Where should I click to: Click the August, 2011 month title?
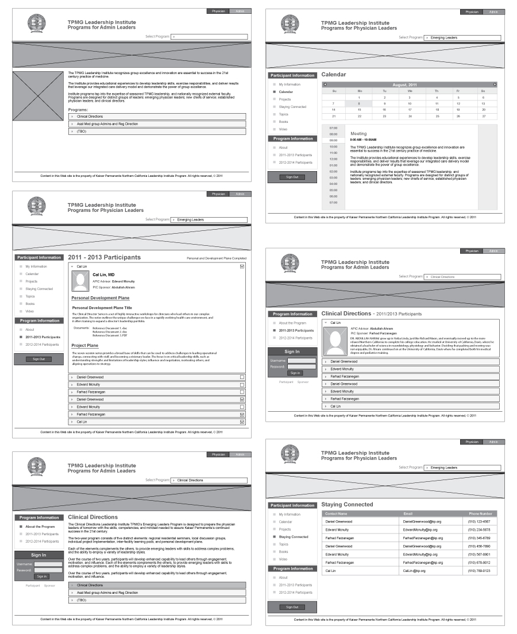pos(410,84)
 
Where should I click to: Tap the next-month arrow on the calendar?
pos(495,84)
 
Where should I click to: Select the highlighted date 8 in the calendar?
pos(360,103)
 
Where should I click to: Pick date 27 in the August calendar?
pos(483,116)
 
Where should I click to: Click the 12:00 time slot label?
pos(333,159)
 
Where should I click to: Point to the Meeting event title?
pos(358,133)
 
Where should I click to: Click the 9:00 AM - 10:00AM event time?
pos(363,140)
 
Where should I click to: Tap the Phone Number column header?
pos(480,513)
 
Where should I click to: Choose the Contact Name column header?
pos(336,513)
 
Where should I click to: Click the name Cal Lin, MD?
pos(103,275)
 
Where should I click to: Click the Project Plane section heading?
pos(84,345)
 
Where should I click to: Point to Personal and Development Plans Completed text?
pos(217,258)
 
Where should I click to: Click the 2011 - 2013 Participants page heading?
pos(104,257)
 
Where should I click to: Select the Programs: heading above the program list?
pos(78,109)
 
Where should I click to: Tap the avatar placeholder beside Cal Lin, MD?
pos(79,281)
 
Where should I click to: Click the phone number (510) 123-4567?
pos(479,521)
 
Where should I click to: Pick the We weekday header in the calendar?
pos(410,91)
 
